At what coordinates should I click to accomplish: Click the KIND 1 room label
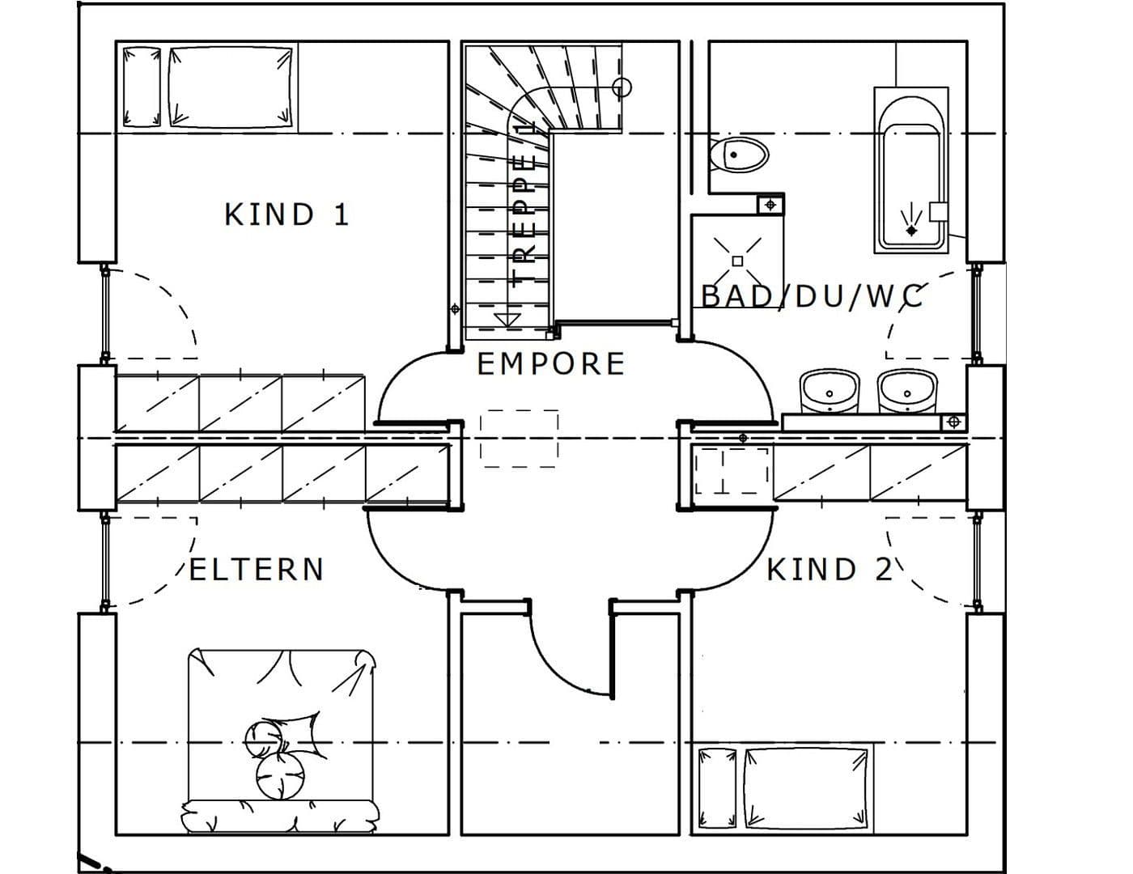point(286,215)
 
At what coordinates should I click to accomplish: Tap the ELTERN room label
point(257,570)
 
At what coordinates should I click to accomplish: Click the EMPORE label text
point(551,364)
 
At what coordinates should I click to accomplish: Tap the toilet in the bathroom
point(738,154)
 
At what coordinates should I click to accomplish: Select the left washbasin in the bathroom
point(829,392)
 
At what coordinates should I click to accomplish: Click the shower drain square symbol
point(737,261)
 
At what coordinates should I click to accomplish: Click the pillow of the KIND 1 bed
point(141,87)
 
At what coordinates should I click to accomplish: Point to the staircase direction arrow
point(507,319)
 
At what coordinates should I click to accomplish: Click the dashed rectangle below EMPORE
point(519,439)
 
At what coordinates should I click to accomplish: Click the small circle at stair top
point(622,87)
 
